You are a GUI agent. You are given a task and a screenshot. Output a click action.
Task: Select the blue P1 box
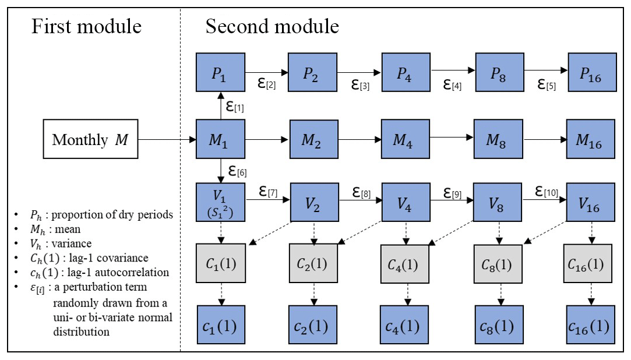coord(220,72)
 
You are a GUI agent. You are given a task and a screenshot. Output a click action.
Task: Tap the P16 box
coord(592,72)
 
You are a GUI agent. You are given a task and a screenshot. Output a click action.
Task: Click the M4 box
coord(406,140)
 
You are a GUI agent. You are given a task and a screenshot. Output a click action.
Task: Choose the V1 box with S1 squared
coord(220,203)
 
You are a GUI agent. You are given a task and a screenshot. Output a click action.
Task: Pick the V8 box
coord(497,203)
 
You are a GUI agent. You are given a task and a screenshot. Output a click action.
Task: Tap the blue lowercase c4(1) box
coord(406,325)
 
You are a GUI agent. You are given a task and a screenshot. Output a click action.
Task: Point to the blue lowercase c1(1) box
coord(220,325)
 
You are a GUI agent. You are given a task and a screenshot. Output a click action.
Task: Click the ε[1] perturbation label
coord(235,107)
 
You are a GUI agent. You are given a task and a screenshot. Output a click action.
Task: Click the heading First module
coord(86,26)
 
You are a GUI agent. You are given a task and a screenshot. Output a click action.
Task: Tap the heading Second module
coord(272,26)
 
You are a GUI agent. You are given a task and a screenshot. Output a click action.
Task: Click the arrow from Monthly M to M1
coord(167,140)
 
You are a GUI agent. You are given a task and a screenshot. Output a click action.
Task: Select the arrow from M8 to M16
coord(544,140)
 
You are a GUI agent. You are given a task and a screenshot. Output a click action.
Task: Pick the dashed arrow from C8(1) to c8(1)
coord(500,293)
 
